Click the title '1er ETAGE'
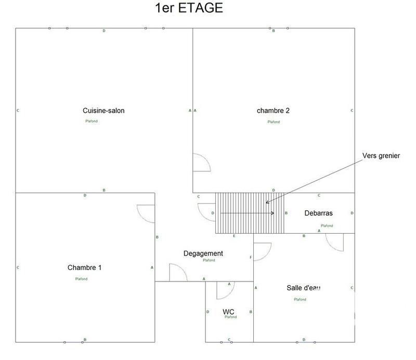point(189,8)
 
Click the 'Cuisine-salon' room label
point(103,110)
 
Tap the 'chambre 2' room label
point(273,110)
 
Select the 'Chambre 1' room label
point(84,267)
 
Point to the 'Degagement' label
point(203,253)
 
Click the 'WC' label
point(228,312)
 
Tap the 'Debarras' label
point(318,213)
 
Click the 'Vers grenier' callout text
point(381,156)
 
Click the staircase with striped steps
point(250,213)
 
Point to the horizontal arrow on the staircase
point(248,213)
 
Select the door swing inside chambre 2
point(201,162)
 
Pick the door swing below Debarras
point(335,242)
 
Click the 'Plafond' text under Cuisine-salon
point(92,121)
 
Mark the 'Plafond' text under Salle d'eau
point(300,299)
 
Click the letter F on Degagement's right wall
point(251,258)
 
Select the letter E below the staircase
point(234,236)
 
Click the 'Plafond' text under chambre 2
point(274,122)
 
